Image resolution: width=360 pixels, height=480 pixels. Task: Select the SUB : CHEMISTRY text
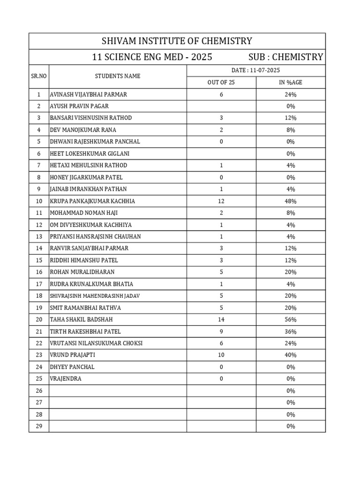coord(285,57)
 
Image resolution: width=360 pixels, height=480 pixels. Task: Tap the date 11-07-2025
coord(255,70)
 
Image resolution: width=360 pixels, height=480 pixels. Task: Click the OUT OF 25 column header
coord(221,82)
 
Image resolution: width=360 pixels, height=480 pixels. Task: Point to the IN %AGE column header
coord(291,82)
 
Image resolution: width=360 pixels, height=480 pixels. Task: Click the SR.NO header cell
coord(38,76)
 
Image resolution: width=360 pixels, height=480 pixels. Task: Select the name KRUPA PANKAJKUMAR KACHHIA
coord(92,201)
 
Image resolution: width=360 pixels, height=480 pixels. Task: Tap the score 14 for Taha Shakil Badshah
coord(221,320)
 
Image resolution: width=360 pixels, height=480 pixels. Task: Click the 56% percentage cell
coord(291,320)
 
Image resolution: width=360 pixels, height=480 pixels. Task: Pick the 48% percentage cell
coord(291,201)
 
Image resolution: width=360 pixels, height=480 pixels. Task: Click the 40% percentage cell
coord(291,355)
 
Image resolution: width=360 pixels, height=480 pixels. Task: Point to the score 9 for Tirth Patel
coord(221,331)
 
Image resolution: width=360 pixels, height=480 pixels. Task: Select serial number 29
coord(38,426)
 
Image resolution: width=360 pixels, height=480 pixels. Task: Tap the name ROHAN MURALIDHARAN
coord(82,272)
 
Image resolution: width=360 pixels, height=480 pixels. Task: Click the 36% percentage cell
coord(291,331)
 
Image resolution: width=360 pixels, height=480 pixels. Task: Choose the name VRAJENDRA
coord(66,379)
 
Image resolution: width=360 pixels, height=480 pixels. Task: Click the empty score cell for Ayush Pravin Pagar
coord(221,106)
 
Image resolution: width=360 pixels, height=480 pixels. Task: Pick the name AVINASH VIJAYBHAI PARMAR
coord(88,94)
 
